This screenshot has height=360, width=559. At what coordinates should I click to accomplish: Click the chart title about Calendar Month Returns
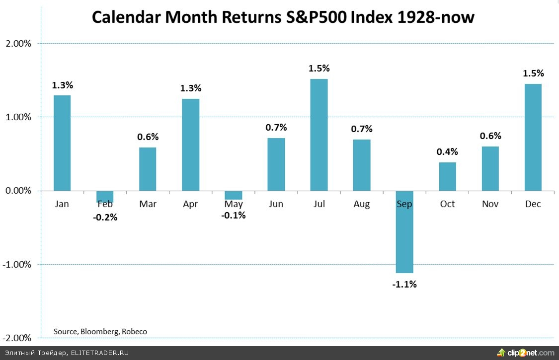(x=283, y=17)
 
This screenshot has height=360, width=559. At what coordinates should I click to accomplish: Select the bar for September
(x=404, y=232)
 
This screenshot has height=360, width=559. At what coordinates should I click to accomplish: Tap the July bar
(x=319, y=135)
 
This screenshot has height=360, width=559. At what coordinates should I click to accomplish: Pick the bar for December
(x=533, y=137)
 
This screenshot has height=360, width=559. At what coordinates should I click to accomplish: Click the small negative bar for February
(x=105, y=197)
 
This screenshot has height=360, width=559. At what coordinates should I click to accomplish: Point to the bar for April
(x=190, y=144)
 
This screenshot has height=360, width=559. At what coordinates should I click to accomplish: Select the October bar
(x=447, y=176)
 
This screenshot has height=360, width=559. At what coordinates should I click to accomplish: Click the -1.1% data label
(x=404, y=285)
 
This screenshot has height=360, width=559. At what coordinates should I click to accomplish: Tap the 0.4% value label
(x=447, y=152)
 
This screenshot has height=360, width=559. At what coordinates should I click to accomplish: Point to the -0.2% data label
(x=105, y=217)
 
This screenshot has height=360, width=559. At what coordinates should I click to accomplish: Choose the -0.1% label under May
(x=233, y=216)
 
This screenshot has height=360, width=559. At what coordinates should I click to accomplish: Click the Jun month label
(x=276, y=204)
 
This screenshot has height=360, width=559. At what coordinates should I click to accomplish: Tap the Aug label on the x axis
(x=362, y=204)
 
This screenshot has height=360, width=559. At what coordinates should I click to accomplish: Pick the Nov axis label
(x=490, y=204)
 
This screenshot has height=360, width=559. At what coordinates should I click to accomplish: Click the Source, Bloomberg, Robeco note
(x=100, y=331)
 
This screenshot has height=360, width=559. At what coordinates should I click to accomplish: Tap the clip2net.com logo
(x=527, y=353)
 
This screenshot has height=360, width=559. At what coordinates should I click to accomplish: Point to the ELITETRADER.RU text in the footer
(x=100, y=353)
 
